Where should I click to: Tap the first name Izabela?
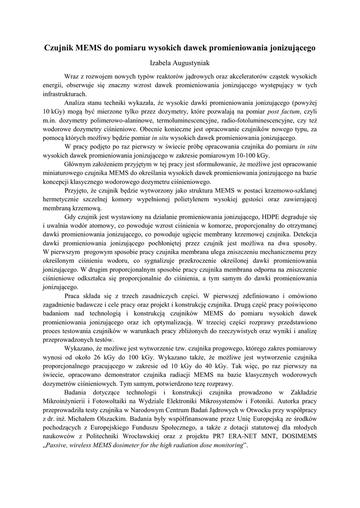point(162,63)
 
